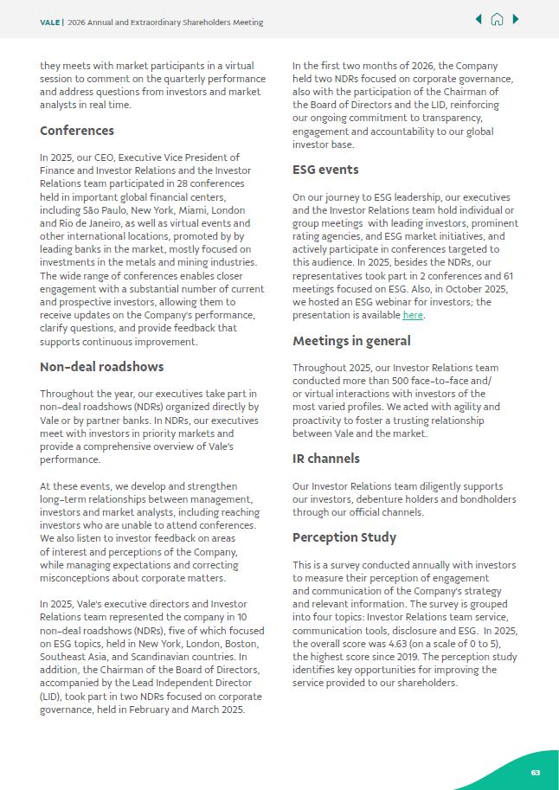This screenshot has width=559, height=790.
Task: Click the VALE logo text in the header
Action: point(50,22)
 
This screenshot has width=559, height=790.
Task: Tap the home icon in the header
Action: point(497,19)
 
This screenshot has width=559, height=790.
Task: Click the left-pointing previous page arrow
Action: point(479,19)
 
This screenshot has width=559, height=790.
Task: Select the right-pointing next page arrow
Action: point(516,19)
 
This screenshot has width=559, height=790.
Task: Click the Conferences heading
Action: point(77,131)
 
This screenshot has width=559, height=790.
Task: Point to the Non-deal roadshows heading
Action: point(102,367)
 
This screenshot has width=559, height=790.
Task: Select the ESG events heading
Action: point(325,170)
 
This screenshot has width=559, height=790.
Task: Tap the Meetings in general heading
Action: point(351,341)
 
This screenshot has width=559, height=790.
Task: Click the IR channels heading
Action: point(326,459)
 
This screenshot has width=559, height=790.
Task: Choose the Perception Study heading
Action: point(344,537)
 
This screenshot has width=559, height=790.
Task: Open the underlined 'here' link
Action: point(413,316)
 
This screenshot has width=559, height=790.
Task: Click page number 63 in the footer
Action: point(536,773)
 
